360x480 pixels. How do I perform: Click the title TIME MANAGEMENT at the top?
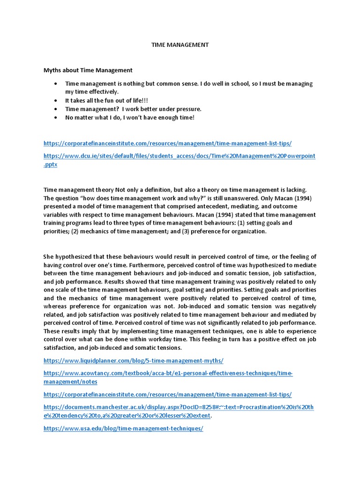[180, 45]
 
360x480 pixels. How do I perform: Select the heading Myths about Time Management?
[88, 70]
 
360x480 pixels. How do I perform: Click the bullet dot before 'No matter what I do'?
[55, 117]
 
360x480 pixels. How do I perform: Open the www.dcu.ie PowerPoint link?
[180, 156]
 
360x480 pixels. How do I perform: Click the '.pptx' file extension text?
[50, 165]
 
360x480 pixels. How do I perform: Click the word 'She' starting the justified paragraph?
[49, 257]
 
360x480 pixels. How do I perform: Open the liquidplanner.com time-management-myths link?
[134, 361]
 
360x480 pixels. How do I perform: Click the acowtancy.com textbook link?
[168, 373]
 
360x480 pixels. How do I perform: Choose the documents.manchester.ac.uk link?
[179, 407]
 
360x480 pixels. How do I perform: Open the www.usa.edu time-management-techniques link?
[123, 428]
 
